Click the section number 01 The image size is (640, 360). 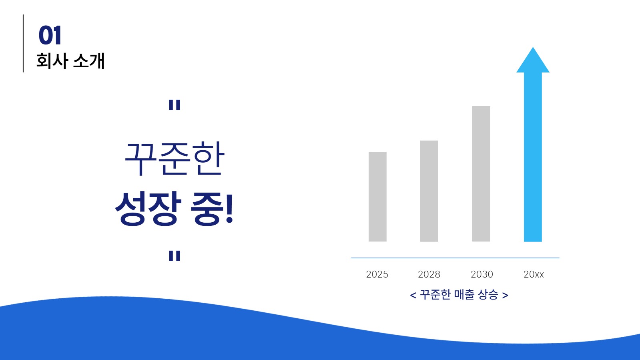point(50,35)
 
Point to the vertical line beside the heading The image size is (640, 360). point(23,43)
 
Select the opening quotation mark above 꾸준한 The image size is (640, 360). point(175,105)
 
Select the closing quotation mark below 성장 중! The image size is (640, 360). point(175,255)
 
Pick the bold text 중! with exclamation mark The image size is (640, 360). point(212,208)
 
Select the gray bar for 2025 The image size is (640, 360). point(377,196)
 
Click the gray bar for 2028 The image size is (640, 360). point(429,191)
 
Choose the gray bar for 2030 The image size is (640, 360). point(481,174)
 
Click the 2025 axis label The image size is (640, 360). point(377,274)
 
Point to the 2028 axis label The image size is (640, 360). point(429,274)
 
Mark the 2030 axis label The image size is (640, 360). point(482,274)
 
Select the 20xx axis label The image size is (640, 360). point(534,274)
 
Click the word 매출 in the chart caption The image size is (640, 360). point(464,295)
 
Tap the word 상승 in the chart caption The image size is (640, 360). point(488,295)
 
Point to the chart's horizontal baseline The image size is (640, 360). point(455,258)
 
